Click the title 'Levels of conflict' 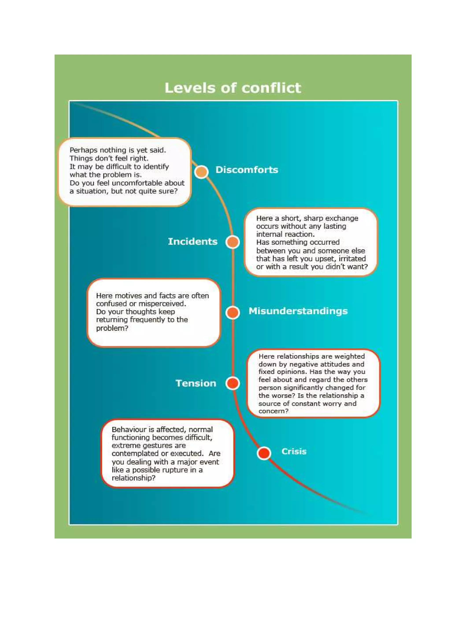pyautogui.click(x=233, y=88)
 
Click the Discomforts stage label pyautogui.click(x=247, y=170)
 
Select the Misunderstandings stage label pyautogui.click(x=298, y=311)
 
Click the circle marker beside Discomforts pyautogui.click(x=201, y=172)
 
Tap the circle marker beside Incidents pyautogui.click(x=233, y=242)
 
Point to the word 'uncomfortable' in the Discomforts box pyautogui.click(x=140, y=183)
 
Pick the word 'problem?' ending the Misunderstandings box pyautogui.click(x=112, y=328)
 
